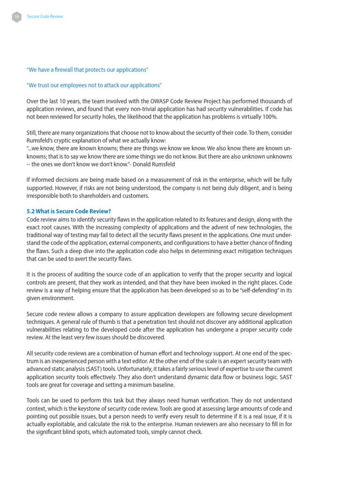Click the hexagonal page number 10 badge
[x=16, y=16]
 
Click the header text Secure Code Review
[x=45, y=16]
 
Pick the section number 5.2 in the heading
[x=30, y=211]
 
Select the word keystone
[x=106, y=408]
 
